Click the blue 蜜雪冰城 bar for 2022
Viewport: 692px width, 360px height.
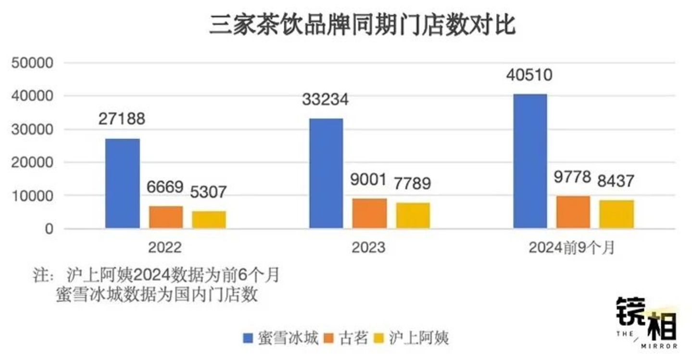(123, 183)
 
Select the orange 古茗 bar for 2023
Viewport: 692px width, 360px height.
(369, 213)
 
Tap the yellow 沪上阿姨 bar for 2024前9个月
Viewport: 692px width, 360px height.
(617, 214)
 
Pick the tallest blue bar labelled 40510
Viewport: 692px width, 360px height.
(530, 161)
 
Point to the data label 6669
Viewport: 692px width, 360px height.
(165, 186)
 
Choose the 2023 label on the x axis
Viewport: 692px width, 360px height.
(368, 248)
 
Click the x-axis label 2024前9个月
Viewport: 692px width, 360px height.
(571, 248)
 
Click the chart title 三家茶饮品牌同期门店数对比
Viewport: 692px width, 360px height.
(362, 25)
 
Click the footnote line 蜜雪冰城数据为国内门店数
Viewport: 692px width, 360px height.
(157, 294)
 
